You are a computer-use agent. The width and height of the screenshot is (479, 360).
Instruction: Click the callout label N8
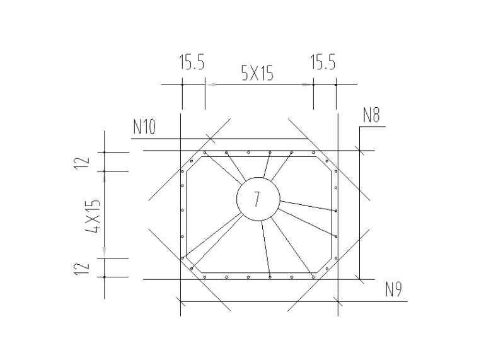pos(371,115)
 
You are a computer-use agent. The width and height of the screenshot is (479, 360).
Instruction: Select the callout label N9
pos(393,289)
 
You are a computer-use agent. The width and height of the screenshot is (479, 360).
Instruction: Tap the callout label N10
pos(144,127)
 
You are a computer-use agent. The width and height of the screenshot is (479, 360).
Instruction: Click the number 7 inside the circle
pos(257,199)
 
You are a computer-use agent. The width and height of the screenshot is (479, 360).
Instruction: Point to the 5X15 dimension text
pos(257,73)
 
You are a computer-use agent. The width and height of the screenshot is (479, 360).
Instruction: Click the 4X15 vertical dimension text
pos(93,216)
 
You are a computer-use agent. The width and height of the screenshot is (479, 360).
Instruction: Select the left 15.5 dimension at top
pos(192,62)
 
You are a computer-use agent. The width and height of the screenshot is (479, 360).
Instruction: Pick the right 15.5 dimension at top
pos(323,62)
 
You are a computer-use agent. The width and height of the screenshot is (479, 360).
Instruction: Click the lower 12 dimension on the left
pos(82,269)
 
